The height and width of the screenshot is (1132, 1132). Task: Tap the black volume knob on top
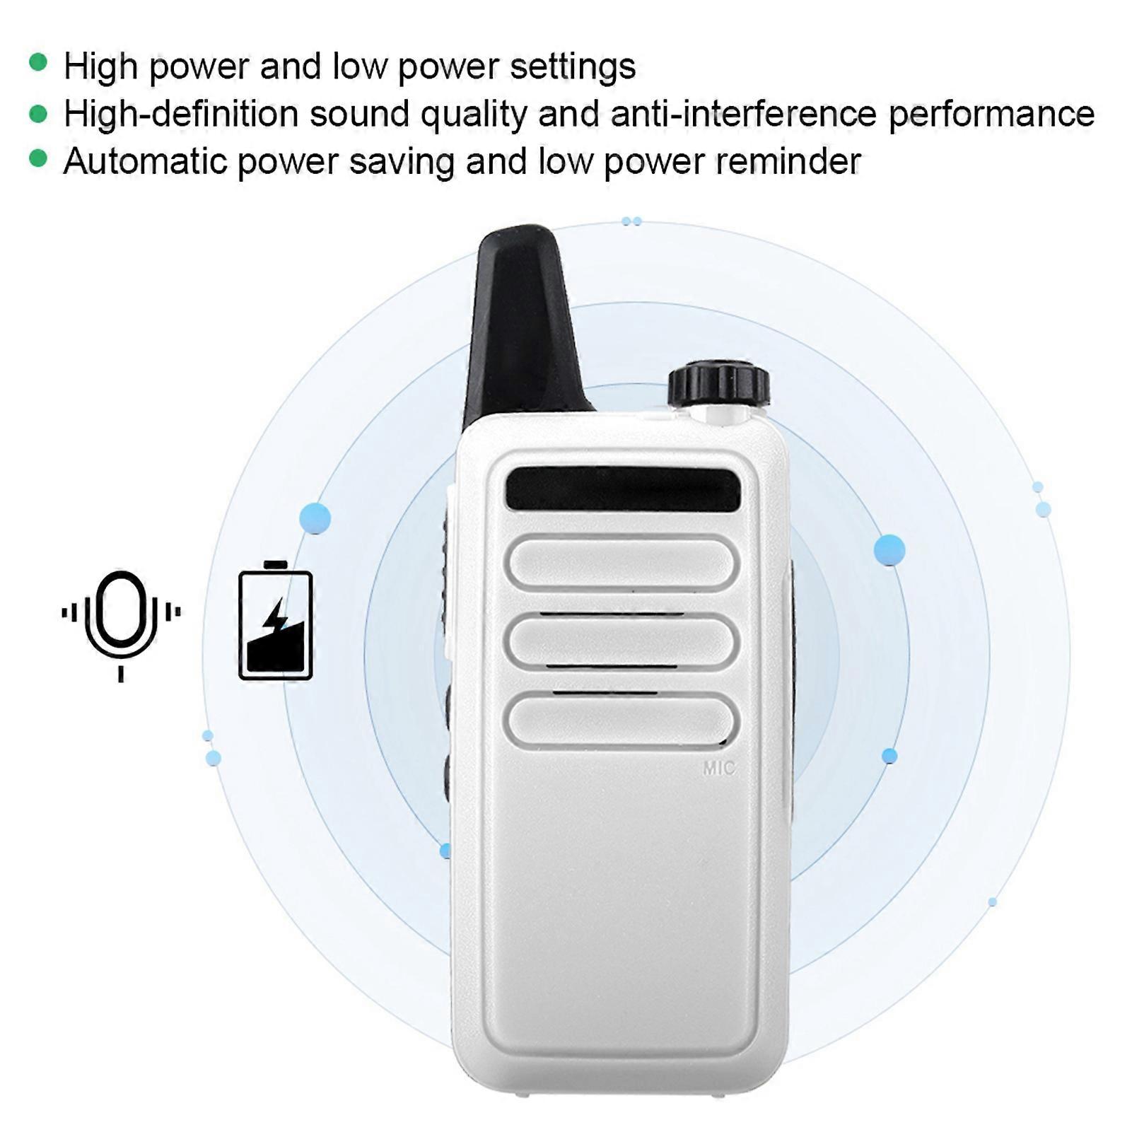[719, 385]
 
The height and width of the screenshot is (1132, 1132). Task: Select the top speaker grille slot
[622, 564]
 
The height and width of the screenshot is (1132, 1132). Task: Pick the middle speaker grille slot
[622, 641]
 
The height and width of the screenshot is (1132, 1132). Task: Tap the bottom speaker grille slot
[622, 720]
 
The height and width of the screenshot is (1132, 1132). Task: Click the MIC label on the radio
[719, 768]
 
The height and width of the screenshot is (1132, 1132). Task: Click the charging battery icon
[275, 620]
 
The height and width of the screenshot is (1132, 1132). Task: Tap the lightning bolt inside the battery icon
[276, 616]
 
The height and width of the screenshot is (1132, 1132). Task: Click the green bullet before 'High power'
[38, 63]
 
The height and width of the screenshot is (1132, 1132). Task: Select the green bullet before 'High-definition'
[38, 113]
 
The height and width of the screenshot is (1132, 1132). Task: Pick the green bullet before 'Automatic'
[38, 159]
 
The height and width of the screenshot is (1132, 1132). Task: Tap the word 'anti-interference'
[743, 114]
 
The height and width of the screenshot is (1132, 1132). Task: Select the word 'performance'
[991, 115]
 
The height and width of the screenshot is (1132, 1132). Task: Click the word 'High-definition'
[181, 115]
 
